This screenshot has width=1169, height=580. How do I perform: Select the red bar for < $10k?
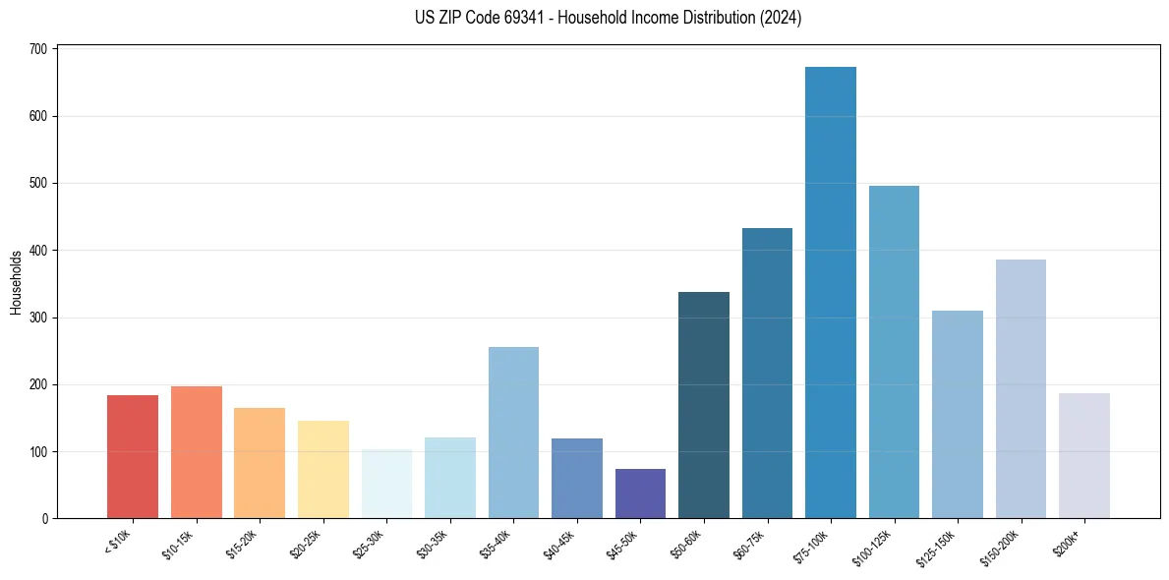[133, 457]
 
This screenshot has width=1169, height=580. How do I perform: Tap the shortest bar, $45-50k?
[640, 493]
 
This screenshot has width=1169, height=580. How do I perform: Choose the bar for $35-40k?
[513, 433]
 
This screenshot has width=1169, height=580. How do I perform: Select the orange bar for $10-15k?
[197, 452]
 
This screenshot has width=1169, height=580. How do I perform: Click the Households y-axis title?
[16, 282]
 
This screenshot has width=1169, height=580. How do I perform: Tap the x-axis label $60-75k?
[749, 544]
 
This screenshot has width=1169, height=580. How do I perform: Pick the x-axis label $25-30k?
[369, 544]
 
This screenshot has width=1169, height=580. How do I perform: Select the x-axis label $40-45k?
[559, 544]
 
